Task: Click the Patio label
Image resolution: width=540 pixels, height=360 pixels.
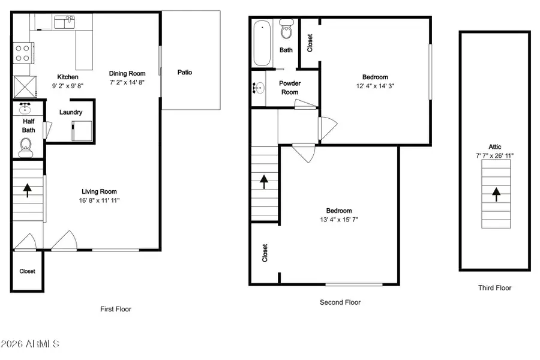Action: point(184,73)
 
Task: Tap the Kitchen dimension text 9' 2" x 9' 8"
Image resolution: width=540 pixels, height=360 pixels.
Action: point(67,86)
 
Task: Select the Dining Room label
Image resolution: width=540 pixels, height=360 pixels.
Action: point(127,74)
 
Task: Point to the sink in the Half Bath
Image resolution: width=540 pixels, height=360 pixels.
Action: point(25,110)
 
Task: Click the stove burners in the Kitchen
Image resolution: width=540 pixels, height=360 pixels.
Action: point(22,53)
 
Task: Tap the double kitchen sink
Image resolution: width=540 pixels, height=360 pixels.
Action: point(63,23)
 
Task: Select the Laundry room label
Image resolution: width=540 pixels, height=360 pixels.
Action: point(71,112)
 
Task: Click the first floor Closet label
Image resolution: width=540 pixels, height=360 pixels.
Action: point(27,271)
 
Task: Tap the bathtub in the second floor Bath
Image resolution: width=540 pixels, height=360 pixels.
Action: point(262,43)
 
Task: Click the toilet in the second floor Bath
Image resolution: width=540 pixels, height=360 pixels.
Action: point(287,30)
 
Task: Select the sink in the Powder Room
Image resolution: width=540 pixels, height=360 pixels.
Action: point(259,88)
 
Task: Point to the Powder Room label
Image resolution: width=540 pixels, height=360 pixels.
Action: point(290,88)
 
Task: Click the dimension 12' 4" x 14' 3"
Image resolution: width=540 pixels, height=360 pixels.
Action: point(374,86)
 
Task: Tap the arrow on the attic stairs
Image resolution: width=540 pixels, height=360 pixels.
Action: point(496,194)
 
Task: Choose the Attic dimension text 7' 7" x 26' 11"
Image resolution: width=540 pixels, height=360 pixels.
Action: point(495,155)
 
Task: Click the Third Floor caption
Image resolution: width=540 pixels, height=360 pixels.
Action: point(494,288)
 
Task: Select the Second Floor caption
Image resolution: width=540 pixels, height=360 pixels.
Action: point(340,302)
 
